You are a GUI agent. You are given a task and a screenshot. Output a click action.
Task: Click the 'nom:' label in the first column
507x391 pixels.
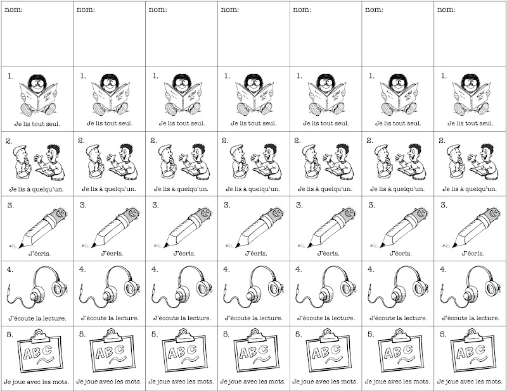[14, 9]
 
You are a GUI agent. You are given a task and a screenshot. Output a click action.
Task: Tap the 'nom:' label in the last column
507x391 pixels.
[446, 9]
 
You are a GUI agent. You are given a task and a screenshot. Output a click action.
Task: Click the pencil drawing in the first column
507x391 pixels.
[39, 228]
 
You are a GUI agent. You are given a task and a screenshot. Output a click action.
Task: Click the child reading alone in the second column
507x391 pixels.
[110, 95]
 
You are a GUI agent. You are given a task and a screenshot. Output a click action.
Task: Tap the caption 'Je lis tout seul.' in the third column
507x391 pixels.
[182, 123]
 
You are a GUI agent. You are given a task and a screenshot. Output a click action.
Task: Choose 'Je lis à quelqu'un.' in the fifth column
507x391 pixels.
[325, 189]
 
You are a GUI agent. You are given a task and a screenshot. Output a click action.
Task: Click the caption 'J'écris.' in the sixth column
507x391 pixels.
[401, 254]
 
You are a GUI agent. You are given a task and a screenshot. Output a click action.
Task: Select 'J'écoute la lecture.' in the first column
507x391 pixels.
[37, 318]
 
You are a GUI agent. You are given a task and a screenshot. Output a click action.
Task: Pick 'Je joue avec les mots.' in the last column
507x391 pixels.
[470, 382]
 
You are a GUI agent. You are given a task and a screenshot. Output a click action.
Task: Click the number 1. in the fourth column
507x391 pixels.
[227, 76]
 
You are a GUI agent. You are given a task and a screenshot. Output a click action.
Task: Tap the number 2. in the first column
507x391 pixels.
[9, 141]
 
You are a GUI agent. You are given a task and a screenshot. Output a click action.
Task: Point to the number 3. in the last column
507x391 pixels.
[444, 206]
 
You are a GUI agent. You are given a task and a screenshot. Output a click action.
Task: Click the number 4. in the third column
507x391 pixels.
[155, 270]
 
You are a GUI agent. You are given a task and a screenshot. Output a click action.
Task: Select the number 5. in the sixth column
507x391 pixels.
[372, 335]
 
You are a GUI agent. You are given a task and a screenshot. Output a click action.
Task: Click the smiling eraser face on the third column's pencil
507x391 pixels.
[205, 213]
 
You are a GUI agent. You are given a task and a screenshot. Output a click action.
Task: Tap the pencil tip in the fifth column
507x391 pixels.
[310, 246]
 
